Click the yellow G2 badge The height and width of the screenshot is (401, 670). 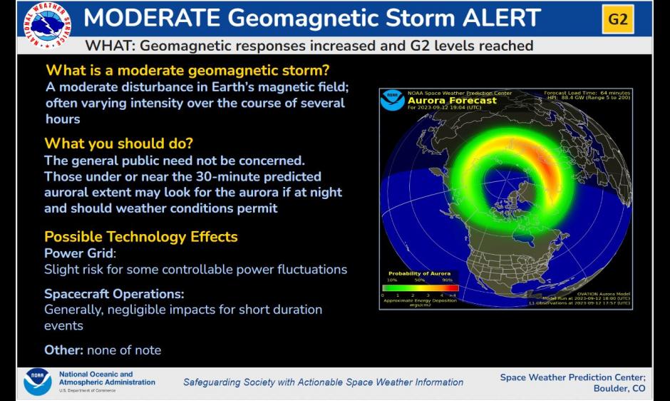[617, 19]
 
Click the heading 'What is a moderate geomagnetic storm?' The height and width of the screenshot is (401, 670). [187, 71]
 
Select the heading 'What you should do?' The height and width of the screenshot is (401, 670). [118, 143]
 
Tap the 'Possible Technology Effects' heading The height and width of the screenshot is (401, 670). [140, 237]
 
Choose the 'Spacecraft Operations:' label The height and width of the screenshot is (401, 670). [114, 294]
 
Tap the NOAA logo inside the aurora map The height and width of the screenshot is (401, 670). [392, 100]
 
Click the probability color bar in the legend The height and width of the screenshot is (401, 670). [420, 288]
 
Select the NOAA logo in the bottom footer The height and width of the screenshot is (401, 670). [37, 382]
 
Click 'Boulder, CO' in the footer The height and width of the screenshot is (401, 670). [619, 389]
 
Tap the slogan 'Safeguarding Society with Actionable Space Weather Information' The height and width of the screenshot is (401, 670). [323, 382]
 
